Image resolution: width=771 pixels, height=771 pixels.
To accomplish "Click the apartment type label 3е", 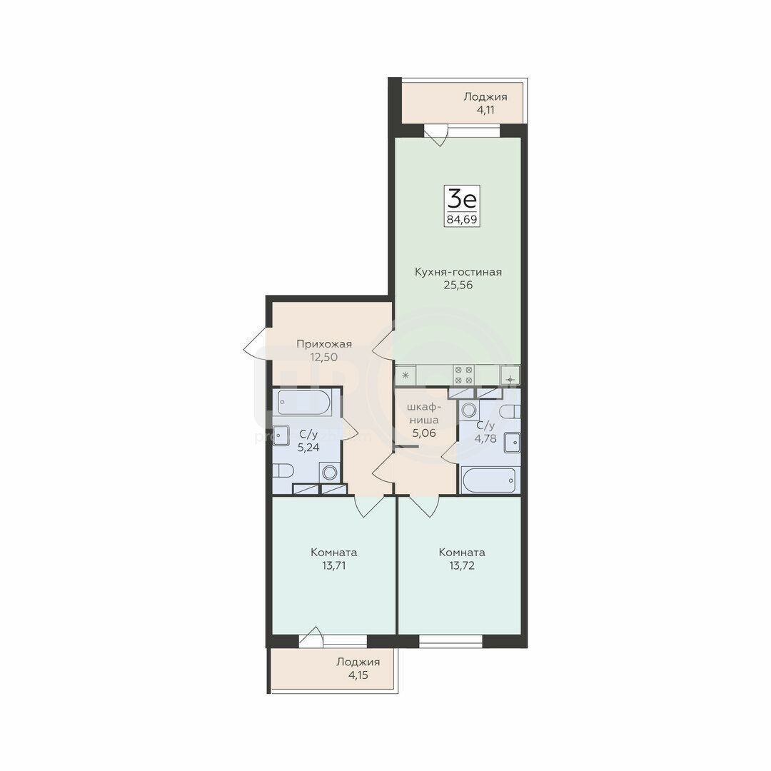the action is (462, 199).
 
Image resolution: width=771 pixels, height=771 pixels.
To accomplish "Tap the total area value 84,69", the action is (462, 219).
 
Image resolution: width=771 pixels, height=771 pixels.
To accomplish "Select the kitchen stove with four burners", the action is (463, 376).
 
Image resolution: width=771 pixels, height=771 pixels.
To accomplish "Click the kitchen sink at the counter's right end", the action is (510, 376).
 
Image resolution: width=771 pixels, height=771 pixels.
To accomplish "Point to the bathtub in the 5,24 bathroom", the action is (304, 403).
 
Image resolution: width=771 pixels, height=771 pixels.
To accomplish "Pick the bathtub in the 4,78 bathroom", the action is (489, 480).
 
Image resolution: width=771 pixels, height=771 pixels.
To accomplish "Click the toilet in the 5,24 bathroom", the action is (283, 470).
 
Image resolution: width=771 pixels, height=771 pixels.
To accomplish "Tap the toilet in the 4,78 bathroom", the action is (510, 411).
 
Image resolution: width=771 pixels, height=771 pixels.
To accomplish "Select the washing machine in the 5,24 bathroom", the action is (329, 473).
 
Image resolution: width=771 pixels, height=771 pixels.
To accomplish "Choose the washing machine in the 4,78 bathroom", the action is (469, 410).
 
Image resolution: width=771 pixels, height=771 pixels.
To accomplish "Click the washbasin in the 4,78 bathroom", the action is (513, 443).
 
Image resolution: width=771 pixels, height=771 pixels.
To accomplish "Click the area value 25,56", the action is (458, 285).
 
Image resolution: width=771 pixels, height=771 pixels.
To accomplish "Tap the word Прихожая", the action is (324, 344).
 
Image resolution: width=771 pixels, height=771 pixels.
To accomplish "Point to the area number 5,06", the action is (424, 433).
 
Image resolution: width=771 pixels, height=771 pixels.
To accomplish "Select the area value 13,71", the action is (334, 565).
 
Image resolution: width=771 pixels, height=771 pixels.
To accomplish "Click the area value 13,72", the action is (462, 565).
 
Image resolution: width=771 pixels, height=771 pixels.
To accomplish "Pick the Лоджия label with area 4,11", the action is (485, 97).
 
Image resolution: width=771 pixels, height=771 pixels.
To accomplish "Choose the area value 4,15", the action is (358, 675).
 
